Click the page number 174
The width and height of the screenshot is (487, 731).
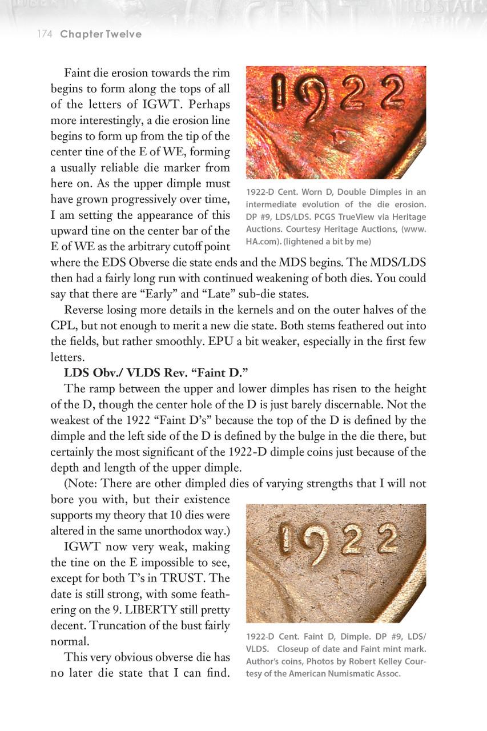45,34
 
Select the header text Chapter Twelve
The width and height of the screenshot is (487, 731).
100,34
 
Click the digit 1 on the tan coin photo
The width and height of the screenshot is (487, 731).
288,540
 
